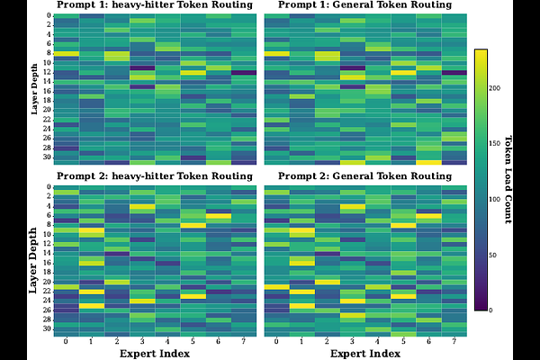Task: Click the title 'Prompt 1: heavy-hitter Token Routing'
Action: [155, 5]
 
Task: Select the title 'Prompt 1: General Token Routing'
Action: [364, 5]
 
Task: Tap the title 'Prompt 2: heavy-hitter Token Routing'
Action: [155, 175]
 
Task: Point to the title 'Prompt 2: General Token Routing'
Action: [364, 175]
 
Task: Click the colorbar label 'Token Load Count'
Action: [508, 179]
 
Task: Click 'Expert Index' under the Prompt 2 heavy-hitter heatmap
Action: [155, 354]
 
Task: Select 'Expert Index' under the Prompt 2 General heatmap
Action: [364, 354]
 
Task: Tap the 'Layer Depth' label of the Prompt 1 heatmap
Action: [34, 89]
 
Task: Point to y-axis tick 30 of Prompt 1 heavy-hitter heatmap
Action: [47, 157]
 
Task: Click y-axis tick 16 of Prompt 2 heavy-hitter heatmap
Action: [47, 263]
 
